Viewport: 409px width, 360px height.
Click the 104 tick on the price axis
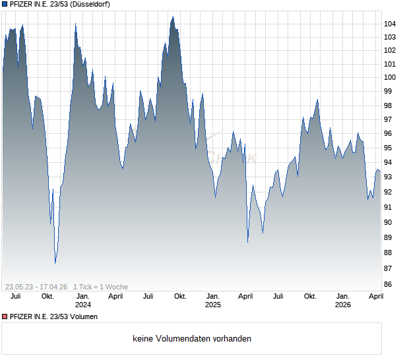pos(390,24)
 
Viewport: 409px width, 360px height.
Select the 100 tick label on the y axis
pos(390,77)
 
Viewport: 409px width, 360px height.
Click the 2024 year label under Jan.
pos(83,305)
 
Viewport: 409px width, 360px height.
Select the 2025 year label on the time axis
pos(212,305)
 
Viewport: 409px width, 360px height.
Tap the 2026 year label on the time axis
pos(342,305)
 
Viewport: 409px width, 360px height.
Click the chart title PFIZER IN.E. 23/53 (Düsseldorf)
pos(60,4)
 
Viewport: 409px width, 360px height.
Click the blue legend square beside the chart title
pos(5,4)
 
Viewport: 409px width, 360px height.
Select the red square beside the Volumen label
pos(5,317)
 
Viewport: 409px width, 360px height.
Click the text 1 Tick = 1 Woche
pos(100,287)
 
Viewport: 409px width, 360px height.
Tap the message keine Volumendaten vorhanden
pos(192,339)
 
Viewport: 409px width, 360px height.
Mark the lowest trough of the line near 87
pos(55,262)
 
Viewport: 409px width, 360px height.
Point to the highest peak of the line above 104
pos(173,17)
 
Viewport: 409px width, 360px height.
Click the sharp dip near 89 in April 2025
pos(248,242)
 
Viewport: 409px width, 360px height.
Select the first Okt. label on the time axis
pos(47,297)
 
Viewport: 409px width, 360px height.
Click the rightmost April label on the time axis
pos(375,297)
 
